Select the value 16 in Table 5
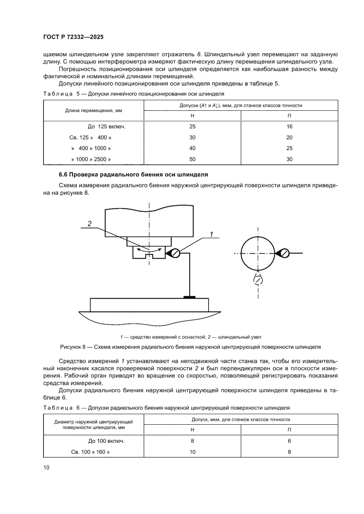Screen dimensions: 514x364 (x=289, y=126)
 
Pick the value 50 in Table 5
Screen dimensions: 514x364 (x=192, y=159)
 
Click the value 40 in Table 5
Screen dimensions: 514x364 (x=192, y=148)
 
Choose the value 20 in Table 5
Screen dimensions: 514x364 (x=289, y=137)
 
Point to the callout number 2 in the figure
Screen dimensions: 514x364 (x=89, y=224)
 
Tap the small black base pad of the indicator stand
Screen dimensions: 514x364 (x=189, y=297)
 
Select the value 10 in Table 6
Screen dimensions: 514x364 (x=192, y=451)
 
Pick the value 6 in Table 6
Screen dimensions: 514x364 (x=289, y=440)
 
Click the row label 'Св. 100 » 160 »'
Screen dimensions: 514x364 (x=90, y=451)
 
